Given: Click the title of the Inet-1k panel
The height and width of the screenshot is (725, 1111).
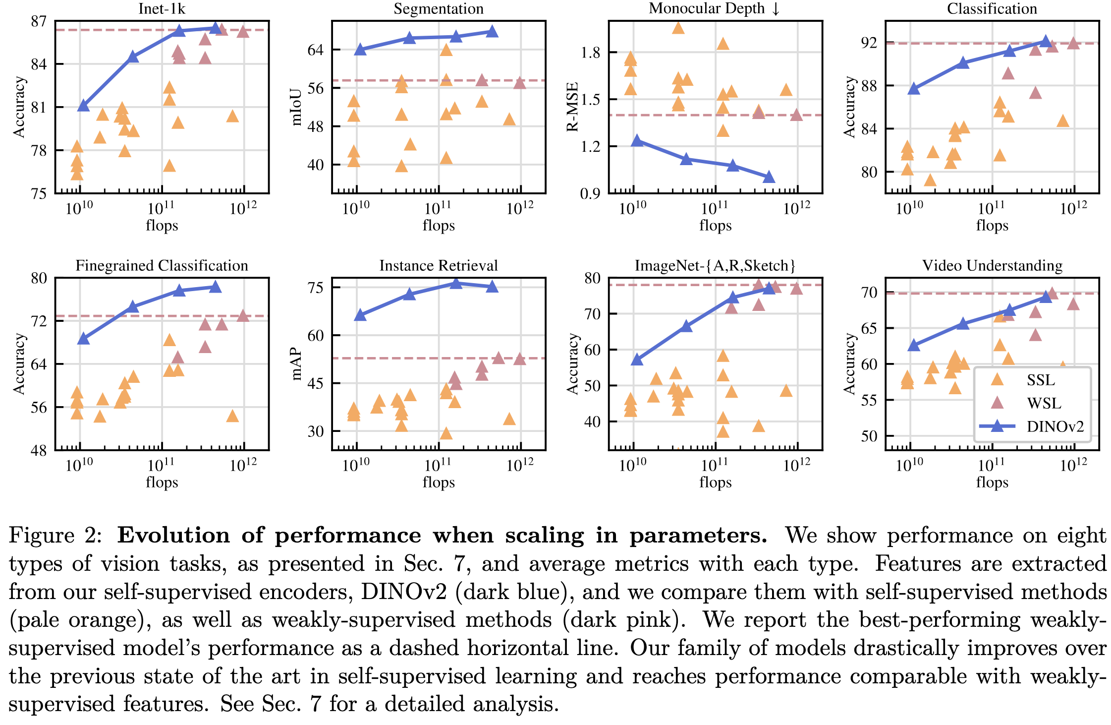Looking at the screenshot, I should point(162,8).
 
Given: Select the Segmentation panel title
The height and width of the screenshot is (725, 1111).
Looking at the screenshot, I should point(438,8).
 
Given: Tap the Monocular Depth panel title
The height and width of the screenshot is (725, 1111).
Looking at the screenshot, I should point(714,8).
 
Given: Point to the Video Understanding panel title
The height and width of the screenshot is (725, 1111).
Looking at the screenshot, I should point(992,266).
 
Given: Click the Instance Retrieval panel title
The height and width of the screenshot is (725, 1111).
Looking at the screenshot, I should point(438,266).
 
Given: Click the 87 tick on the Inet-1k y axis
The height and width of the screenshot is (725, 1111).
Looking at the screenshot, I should point(39,22).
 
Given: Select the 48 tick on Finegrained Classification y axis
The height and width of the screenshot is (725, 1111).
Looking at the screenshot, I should point(39,451).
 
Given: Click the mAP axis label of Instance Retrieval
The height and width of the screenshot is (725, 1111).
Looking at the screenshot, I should point(296,363).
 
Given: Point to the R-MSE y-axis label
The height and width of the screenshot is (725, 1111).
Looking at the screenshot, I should point(573,107).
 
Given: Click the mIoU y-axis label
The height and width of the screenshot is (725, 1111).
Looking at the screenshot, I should point(296,107).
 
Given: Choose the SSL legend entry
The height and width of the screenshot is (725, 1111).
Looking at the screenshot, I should point(1041,380).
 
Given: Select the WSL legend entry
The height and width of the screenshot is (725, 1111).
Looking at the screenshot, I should point(1044,403).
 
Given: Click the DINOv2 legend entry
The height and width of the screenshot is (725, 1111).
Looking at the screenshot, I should point(1055,426).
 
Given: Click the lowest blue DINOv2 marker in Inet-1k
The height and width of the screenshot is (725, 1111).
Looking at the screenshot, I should point(83,106).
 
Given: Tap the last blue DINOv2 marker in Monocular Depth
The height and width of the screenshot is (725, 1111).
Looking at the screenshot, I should point(769,177).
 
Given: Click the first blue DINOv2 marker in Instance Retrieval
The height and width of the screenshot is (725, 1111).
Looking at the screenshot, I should point(360,315).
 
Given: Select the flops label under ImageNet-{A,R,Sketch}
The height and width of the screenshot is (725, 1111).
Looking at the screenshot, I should point(715,482).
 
